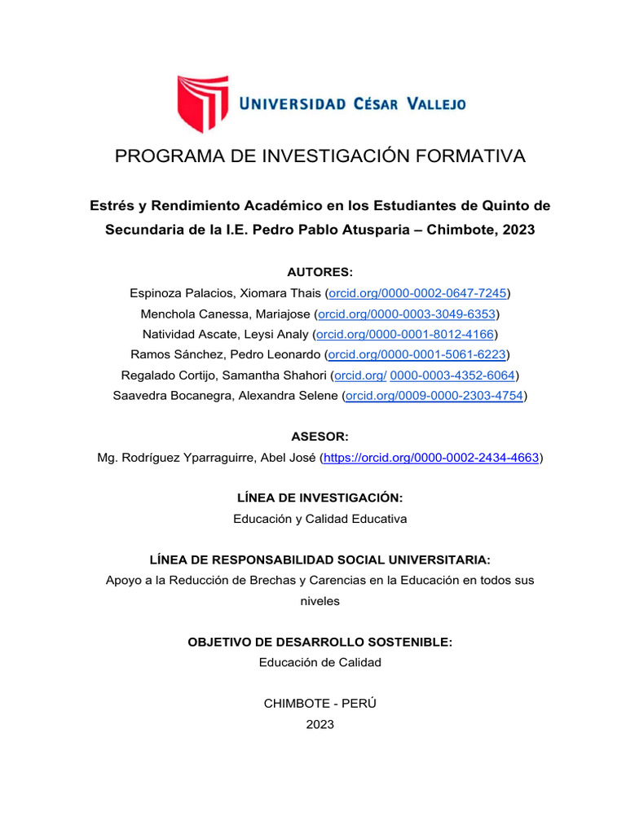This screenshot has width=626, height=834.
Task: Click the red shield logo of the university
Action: (203, 103)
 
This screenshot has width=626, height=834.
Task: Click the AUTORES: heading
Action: (320, 272)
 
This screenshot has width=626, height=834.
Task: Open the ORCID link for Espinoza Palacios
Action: (417, 292)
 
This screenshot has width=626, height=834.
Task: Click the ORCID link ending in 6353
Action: (407, 314)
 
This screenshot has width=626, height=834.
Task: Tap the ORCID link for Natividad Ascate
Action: (405, 334)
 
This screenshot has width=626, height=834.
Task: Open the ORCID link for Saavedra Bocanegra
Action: (434, 396)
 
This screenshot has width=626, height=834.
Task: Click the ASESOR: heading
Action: (320, 437)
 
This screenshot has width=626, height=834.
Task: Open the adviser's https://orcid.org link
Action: (431, 459)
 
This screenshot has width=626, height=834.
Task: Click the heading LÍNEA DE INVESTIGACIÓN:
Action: (320, 498)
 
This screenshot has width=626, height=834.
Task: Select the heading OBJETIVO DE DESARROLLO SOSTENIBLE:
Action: (320, 642)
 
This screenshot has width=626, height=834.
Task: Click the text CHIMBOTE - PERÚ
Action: (320, 704)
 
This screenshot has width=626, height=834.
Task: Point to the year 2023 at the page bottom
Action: (320, 724)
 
